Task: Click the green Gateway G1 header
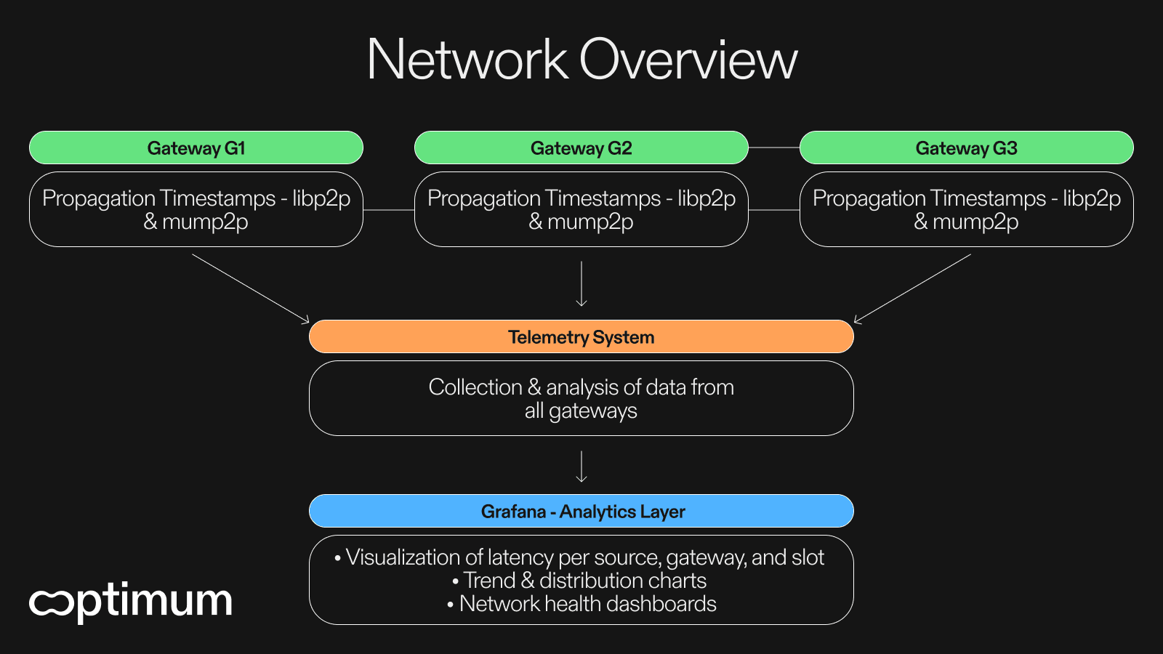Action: click(x=196, y=148)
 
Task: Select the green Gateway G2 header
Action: click(x=581, y=148)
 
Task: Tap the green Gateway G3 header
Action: click(x=967, y=148)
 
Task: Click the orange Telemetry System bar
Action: click(x=581, y=337)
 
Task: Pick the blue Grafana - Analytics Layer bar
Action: click(x=581, y=512)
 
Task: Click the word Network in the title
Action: click(x=467, y=60)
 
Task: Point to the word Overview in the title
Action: click(x=688, y=60)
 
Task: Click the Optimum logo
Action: click(x=131, y=601)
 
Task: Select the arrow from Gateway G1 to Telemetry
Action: click(x=251, y=288)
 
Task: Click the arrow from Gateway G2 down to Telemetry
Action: click(x=581, y=283)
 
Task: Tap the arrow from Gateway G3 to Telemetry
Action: click(x=912, y=288)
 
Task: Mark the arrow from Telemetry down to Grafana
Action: click(x=581, y=467)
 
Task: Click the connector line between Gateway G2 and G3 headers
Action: click(x=774, y=148)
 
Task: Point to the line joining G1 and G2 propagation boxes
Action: click(x=389, y=210)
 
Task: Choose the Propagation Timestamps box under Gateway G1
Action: click(x=196, y=209)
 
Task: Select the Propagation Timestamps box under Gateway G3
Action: click(x=967, y=209)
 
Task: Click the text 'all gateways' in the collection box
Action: click(x=581, y=411)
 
